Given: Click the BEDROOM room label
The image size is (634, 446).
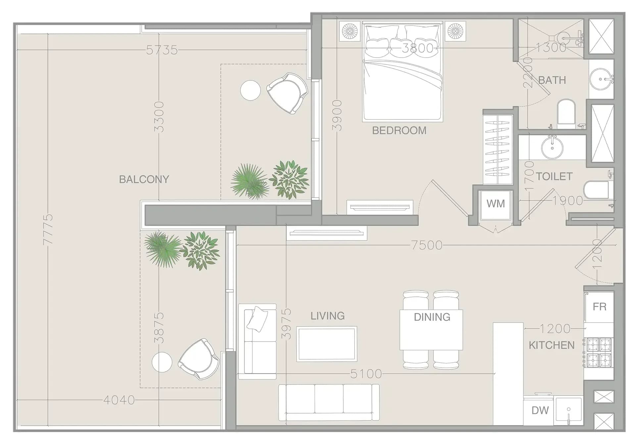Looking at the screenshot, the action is click(399, 130).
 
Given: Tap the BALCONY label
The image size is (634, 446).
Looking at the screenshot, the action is click(144, 179).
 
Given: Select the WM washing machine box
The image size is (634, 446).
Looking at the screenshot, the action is click(496, 205).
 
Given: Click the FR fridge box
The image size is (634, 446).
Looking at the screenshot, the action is click(599, 307).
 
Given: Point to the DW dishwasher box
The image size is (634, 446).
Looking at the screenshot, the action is click(540, 411).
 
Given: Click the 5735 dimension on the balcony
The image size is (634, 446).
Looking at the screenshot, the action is click(162, 50).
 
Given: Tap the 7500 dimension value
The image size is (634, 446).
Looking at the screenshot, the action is click(427, 245).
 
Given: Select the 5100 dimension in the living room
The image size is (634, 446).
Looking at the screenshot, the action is click(366, 374).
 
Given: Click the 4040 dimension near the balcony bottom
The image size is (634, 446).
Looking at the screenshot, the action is click(119, 400).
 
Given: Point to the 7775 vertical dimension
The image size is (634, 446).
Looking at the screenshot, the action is click(48, 229).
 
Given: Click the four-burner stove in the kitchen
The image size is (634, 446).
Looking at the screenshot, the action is click(599, 353).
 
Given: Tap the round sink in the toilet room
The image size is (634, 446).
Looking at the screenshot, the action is click(552, 148).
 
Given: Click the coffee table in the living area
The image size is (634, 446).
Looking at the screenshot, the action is click(327, 344).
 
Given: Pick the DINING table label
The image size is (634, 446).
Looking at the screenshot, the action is click(432, 317).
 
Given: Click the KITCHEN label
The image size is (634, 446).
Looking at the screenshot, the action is click(552, 345).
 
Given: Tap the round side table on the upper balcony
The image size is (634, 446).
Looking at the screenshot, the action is click(250, 90).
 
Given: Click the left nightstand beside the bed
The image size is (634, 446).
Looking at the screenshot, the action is click(350, 31).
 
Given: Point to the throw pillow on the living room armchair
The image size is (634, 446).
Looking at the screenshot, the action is click(257, 319).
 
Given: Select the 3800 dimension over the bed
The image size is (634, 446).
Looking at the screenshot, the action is click(417, 48).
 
